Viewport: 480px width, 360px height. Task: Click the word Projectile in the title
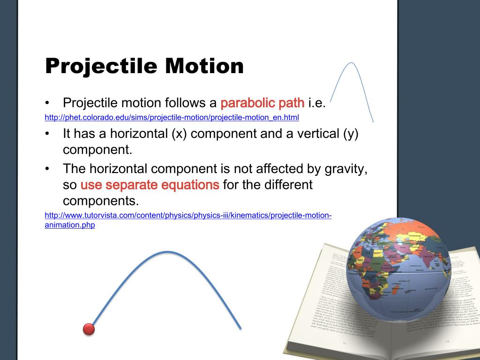pos(101,66)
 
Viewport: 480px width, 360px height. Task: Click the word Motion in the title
pos(204,66)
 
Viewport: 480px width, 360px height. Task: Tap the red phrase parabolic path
pos(262,103)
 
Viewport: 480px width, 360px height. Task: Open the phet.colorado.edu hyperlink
pos(172,117)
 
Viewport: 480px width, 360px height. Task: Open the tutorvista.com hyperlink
pos(187,216)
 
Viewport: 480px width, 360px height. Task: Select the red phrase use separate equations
pos(150,185)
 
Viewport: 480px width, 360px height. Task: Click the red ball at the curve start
pos(89,329)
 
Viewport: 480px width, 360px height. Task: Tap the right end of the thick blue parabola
pos(240,327)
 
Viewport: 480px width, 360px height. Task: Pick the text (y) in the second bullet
pos(350,134)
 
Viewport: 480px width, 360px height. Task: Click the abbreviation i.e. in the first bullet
pos(316,103)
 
